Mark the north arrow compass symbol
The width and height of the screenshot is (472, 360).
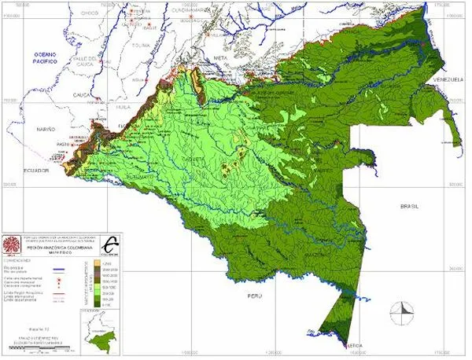coord(403,310)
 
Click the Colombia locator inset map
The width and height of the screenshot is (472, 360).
coord(99,321)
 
